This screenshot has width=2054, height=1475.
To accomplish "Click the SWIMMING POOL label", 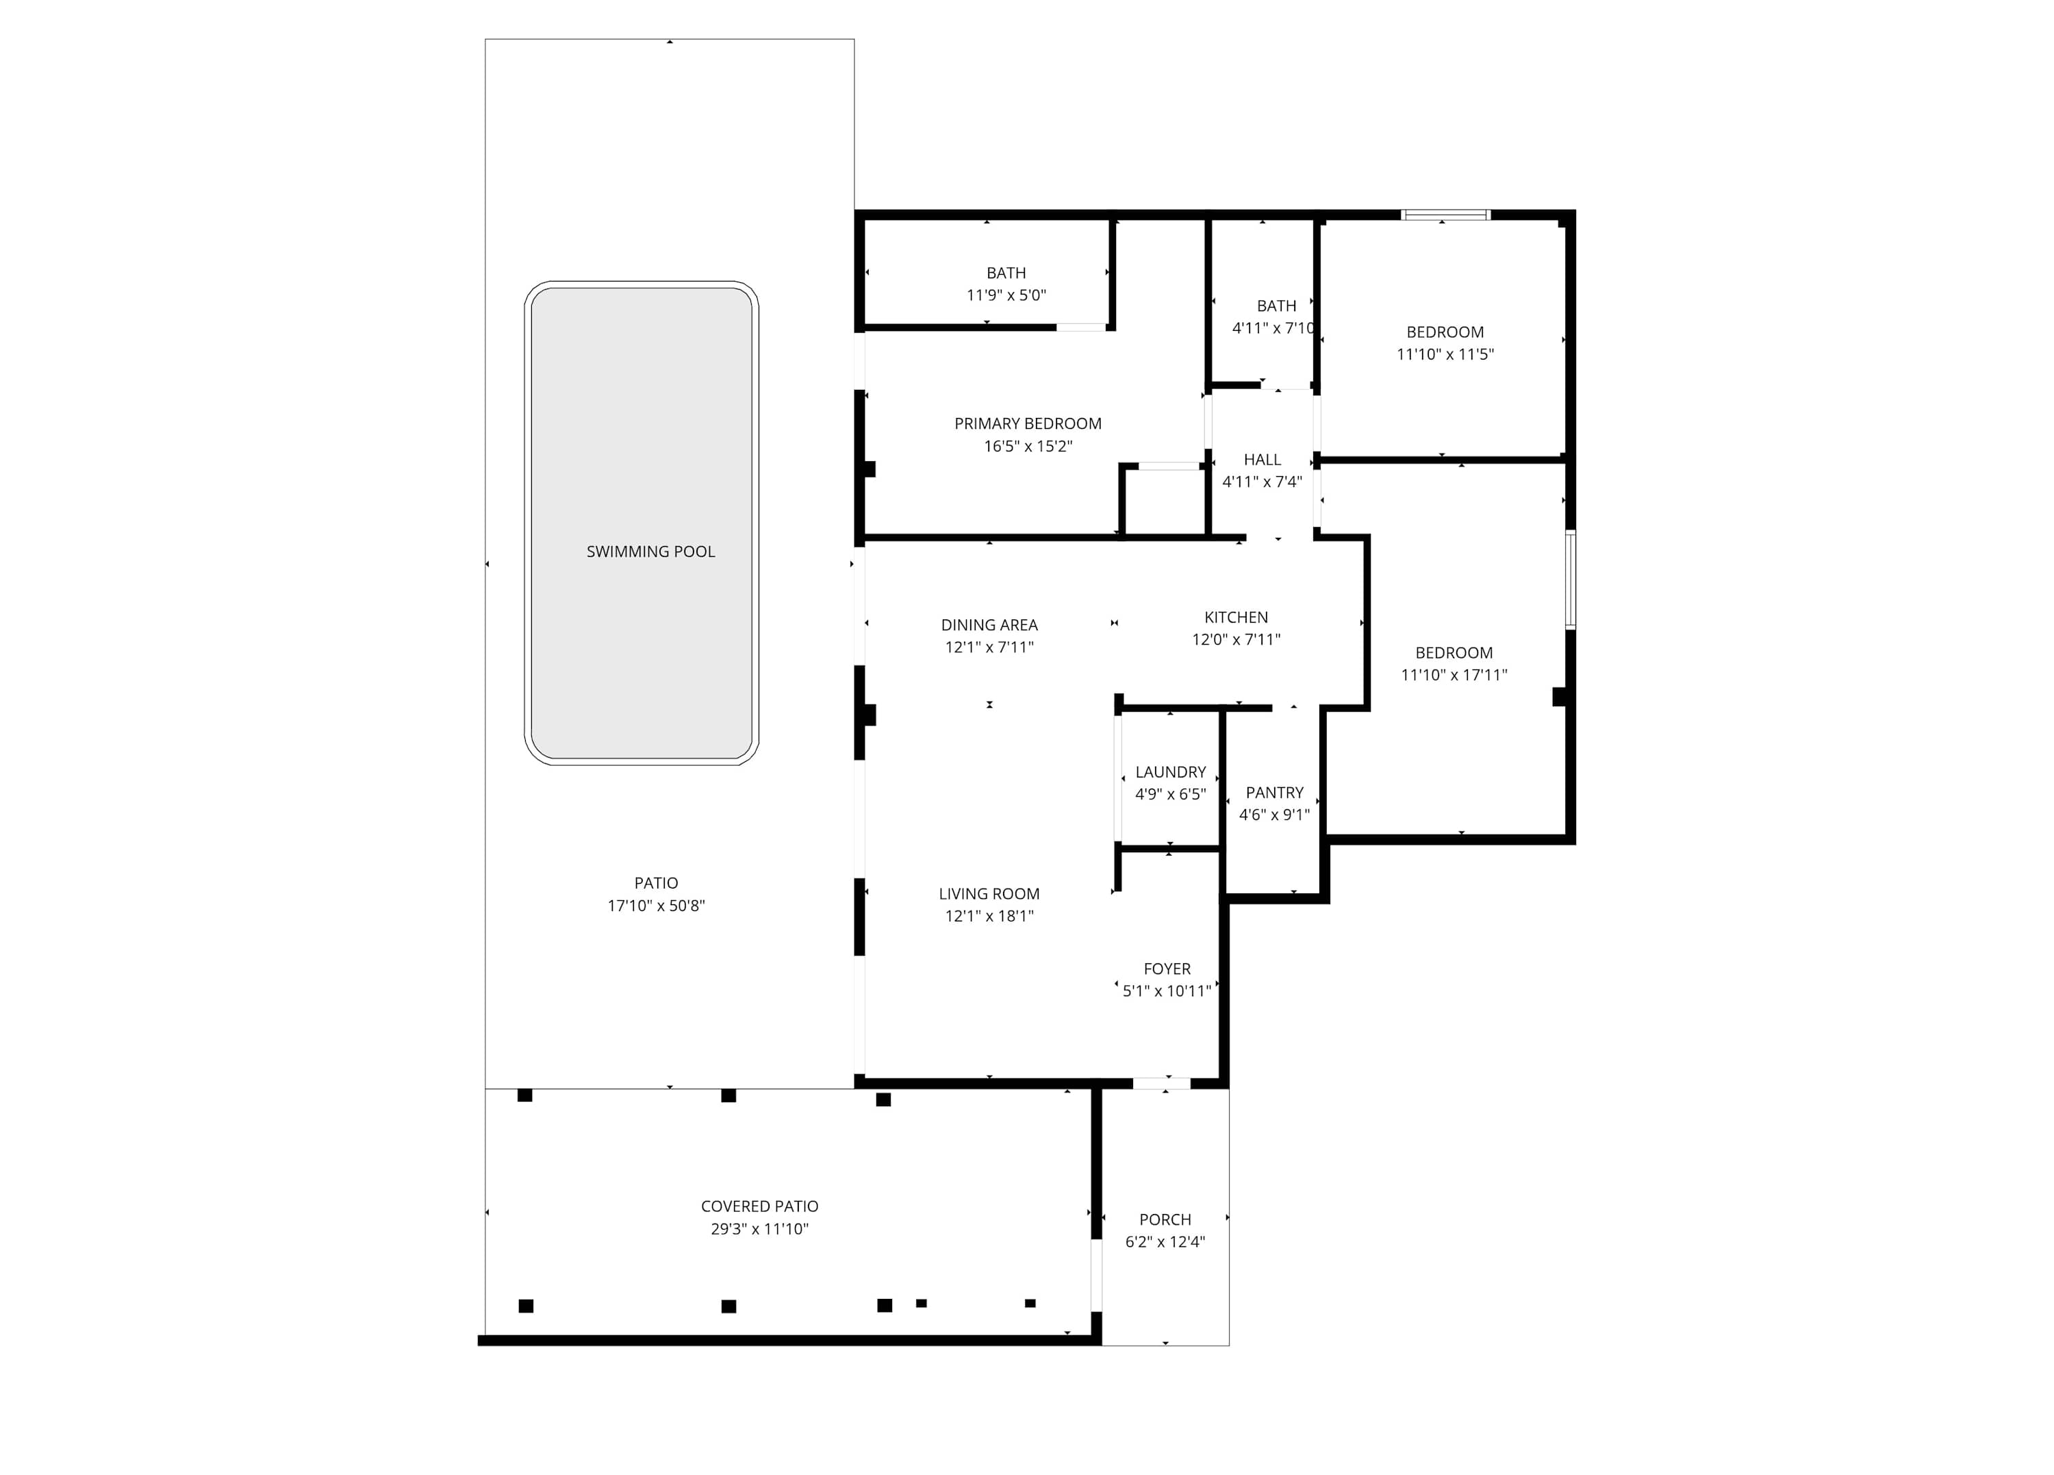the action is click(650, 551).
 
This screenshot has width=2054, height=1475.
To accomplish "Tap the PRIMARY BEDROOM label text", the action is click(1028, 424).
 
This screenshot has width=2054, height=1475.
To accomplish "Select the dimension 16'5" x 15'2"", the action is click(1028, 446).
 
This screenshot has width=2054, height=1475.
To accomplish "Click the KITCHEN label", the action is click(1237, 618).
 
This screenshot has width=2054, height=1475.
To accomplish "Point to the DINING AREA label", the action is click(989, 625).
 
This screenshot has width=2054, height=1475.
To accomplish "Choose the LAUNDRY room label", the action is click(1171, 773).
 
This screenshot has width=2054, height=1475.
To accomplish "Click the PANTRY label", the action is click(1274, 793).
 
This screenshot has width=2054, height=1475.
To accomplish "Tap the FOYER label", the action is click(1167, 969).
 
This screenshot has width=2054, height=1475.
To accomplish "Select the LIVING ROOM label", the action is click(989, 894).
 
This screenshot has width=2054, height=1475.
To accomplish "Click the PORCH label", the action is click(1165, 1220).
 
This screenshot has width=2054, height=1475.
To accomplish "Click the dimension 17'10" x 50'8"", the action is click(657, 906).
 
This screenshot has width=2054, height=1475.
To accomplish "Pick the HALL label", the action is click(1263, 460).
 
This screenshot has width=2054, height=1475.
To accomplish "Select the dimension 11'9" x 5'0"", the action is click(1006, 295).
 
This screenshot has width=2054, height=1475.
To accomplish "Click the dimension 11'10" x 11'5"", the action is click(1445, 354).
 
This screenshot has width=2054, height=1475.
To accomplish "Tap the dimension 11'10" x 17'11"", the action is click(1454, 675).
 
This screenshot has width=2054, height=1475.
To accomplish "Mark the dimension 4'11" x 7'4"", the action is click(1263, 482).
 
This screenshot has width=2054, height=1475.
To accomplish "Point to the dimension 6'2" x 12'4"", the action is click(1165, 1242).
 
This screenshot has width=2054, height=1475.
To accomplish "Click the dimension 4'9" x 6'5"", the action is click(1171, 795).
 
